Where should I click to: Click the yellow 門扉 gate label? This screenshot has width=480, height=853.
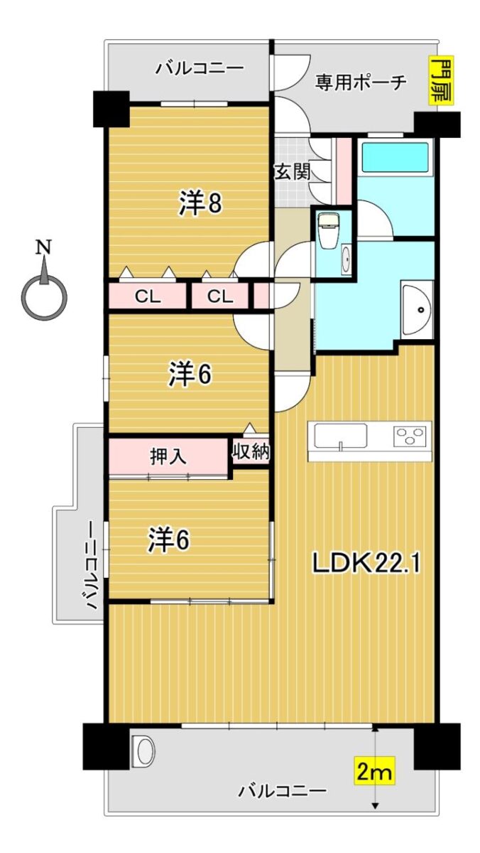(440, 80)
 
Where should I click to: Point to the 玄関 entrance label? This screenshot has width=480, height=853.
(293, 172)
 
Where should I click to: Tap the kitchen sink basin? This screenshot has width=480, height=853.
(340, 436)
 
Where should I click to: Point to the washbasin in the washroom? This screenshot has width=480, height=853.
(417, 309)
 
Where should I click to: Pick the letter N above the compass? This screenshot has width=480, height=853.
(44, 247)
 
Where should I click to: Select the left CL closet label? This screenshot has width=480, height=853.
(148, 296)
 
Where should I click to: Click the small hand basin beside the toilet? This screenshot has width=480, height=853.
(346, 259)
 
